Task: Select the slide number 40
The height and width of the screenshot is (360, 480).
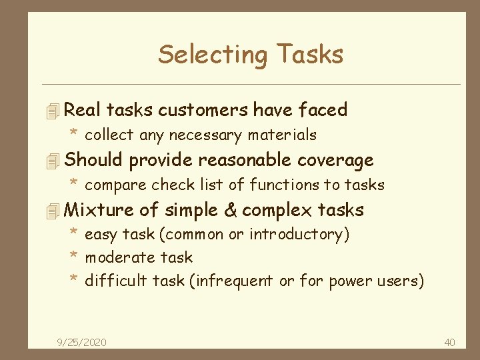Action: [449, 342]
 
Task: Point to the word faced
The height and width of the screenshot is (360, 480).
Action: [323, 110]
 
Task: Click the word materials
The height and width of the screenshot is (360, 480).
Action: [282, 135]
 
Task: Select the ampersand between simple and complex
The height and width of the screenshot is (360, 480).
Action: [231, 210]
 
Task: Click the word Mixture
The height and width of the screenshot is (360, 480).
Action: [99, 210]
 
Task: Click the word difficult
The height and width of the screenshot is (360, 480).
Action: [115, 281]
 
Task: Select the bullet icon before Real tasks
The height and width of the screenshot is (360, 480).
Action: [55, 111]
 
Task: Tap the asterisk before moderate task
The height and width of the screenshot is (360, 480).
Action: [75, 256]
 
